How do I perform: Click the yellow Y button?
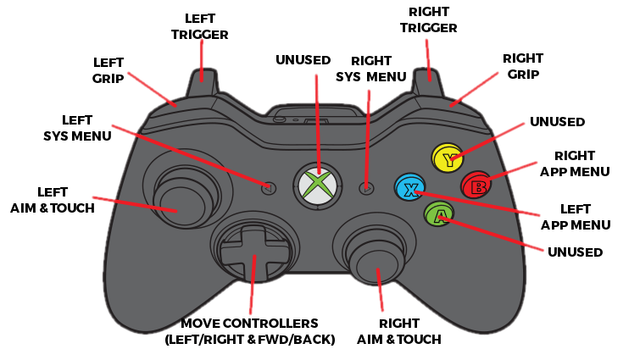447,157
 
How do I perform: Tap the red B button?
475,184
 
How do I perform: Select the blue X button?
409,187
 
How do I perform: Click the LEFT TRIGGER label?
200,25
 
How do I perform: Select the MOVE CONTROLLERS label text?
249,331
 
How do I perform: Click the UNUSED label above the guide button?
304,59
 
